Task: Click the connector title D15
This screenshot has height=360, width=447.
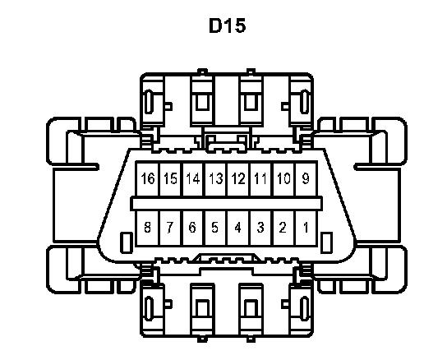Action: click(228, 25)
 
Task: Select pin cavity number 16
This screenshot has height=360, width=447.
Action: click(148, 179)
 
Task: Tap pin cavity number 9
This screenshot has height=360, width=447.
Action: click(306, 179)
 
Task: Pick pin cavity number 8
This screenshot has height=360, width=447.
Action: click(148, 228)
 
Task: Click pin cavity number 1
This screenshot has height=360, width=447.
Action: click(306, 228)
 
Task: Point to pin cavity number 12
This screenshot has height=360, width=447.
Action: click(238, 179)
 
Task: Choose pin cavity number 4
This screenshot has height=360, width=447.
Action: click(238, 228)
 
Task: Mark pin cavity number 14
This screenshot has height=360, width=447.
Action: click(193, 179)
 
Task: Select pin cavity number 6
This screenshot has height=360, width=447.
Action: click(193, 228)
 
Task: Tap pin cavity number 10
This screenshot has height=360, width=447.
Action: click(284, 179)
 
